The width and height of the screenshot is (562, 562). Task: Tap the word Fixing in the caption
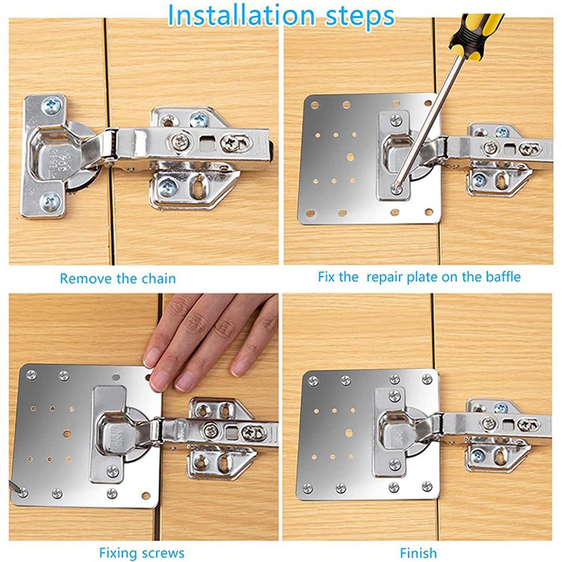118,552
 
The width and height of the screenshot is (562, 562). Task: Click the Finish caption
418,552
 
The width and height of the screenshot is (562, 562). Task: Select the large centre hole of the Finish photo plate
348,433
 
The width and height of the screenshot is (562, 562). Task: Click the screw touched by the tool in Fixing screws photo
22,492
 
